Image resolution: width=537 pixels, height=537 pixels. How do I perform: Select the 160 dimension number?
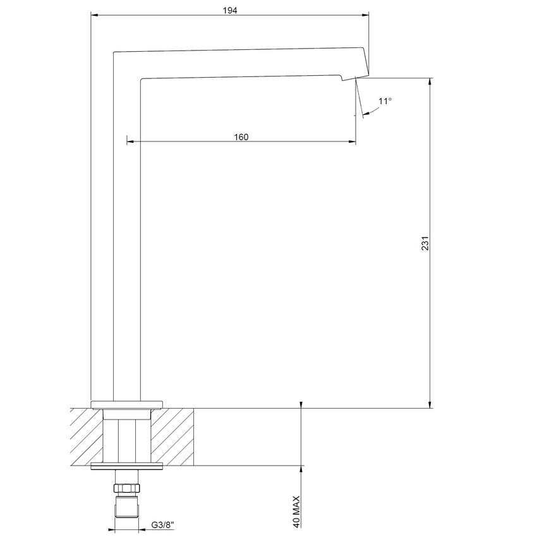pos(241,137)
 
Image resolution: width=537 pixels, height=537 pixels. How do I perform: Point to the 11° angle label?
pos(385,101)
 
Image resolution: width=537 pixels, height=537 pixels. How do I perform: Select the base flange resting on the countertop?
pos(128,404)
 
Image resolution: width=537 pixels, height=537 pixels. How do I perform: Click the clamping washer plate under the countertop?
pos(128,467)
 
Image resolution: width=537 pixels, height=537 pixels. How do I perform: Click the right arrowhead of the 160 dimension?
pos(352,141)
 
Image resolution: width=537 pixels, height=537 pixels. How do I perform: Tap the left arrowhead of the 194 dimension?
pos(95,15)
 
